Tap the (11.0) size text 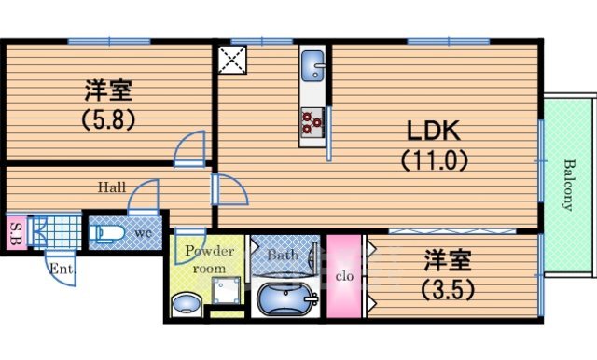click(434, 160)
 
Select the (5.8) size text click(108, 119)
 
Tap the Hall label click(112, 187)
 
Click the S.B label click(16, 230)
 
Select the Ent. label click(61, 270)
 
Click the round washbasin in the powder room click(187, 303)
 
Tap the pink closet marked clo click(341, 276)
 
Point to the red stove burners click(312, 119)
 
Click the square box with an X click(229, 60)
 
